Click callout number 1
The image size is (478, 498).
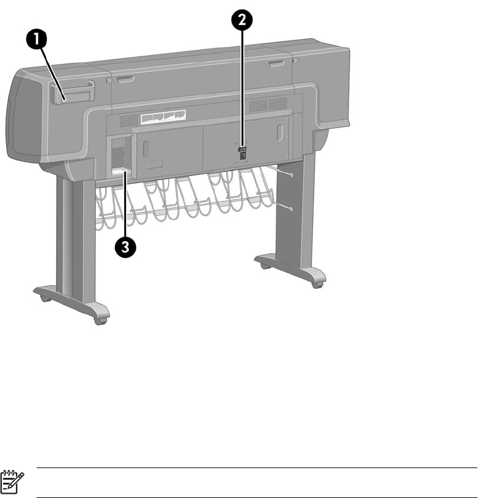click(38, 41)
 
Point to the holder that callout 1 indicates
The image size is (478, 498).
click(72, 92)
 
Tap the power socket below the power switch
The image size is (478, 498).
click(243, 156)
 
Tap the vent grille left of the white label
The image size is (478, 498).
click(127, 120)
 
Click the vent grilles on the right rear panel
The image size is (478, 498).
click(268, 104)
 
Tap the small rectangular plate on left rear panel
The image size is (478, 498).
click(153, 164)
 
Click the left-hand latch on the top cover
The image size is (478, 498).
click(127, 78)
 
